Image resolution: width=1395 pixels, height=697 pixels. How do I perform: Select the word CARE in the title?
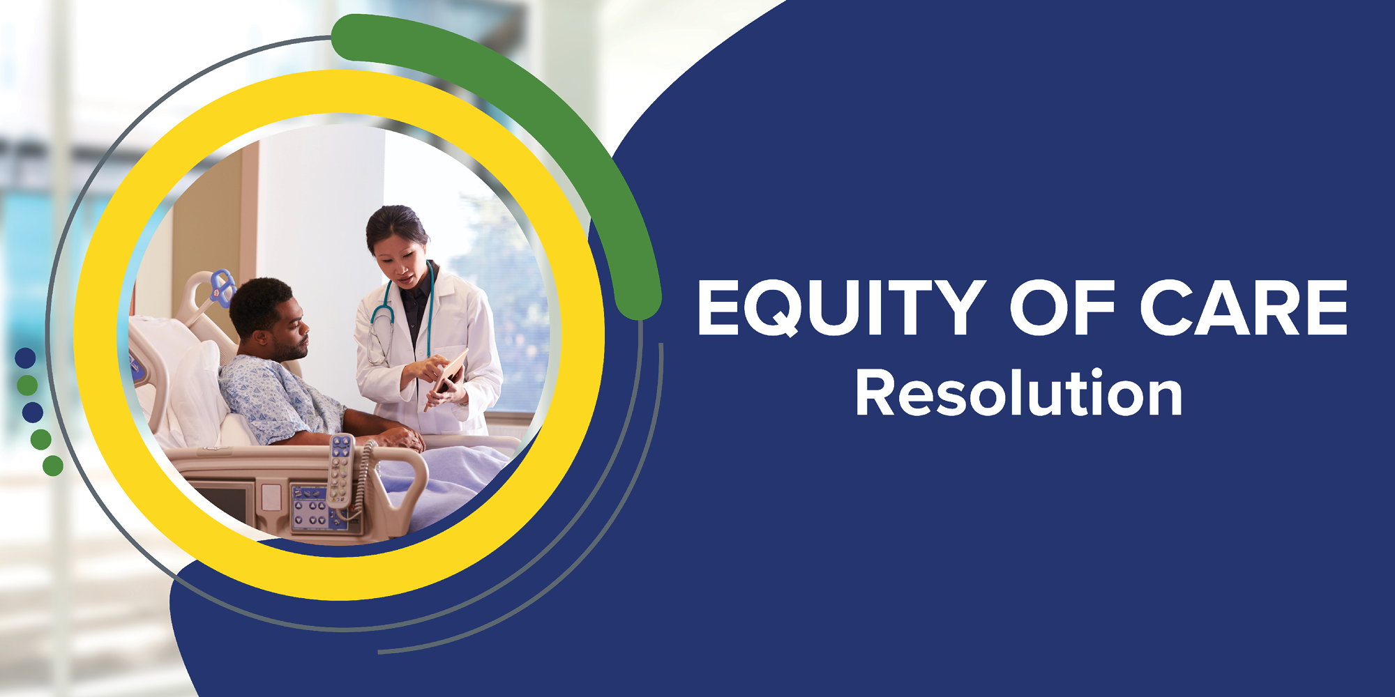point(1244,307)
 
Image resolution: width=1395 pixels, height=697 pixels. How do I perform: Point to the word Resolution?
point(1018,393)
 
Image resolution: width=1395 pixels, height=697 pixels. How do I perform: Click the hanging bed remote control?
point(341,470)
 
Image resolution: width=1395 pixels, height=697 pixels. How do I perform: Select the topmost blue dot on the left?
point(25,358)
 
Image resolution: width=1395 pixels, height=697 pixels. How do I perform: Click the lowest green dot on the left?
point(53,466)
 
